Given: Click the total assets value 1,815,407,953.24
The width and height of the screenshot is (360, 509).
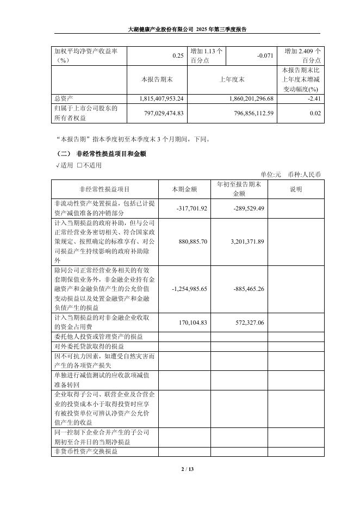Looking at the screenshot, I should tap(154, 98).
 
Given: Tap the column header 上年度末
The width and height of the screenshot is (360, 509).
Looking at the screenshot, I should tap(232, 79).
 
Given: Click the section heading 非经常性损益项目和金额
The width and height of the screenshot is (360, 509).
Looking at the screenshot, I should tap(111, 154).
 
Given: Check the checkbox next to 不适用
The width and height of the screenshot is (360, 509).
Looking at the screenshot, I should tap(79, 165).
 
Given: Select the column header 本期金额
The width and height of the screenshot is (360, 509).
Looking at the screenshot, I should tap(184, 189).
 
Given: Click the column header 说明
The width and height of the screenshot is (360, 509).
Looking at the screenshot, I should tap(296, 189).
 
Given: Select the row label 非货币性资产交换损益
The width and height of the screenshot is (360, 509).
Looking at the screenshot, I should tap(85, 452).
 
